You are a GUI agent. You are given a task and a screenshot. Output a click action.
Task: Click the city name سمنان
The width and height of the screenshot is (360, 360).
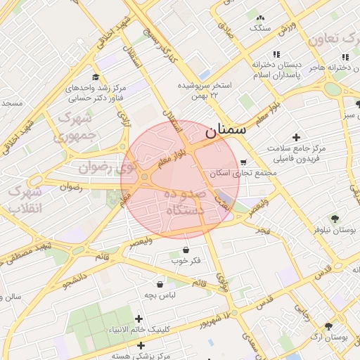(226, 131)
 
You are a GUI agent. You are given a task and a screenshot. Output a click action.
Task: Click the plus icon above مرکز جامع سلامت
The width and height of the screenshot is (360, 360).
(297, 136)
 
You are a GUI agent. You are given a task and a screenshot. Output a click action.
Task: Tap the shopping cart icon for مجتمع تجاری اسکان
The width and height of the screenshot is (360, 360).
(243, 162)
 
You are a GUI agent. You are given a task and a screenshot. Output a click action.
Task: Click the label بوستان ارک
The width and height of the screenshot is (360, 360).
(333, 337)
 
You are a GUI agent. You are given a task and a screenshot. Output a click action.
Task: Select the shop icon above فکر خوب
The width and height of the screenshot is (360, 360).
(186, 250)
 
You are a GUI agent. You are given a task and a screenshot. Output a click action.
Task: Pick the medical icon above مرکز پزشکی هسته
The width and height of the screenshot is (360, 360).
(141, 345)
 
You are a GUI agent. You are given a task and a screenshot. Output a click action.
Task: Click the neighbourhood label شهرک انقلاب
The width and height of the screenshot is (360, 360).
(27, 200)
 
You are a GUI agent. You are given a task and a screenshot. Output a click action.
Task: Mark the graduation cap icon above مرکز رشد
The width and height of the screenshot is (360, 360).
(96, 77)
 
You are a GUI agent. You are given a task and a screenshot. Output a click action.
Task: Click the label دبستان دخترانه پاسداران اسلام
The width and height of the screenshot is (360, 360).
(276, 69)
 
